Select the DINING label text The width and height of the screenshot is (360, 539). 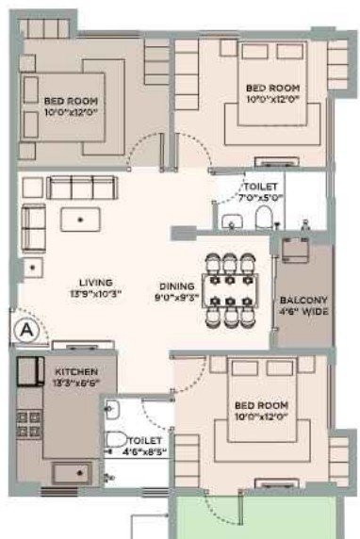[x=176, y=287]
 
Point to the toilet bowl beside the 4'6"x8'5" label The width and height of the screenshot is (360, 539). [x=116, y=439]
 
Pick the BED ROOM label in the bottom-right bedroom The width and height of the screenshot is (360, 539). [x=256, y=406]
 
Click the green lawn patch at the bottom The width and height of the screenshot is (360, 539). [x=253, y=517]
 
